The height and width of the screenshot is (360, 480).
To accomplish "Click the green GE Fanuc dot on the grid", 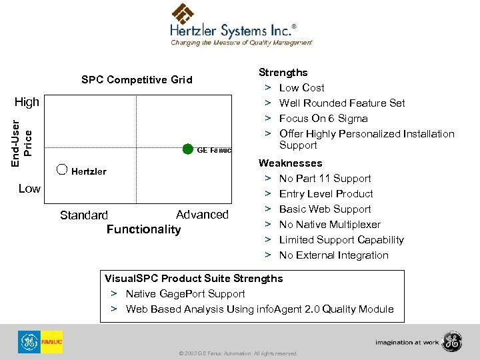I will tap(188, 148).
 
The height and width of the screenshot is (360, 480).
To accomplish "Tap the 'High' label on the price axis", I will tap(27, 103).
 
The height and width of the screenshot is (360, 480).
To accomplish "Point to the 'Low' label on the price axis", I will tap(29, 189).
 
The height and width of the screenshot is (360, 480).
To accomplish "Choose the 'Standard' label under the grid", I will tap(83, 215).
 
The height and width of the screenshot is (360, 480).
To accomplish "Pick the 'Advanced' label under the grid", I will tap(202, 214).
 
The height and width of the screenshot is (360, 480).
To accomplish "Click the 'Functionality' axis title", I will tap(143, 229).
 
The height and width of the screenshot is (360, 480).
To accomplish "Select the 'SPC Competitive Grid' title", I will tap(137, 80).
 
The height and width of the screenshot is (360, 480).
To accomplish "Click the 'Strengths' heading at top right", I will tap(283, 72).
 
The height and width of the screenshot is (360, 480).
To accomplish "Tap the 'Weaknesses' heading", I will tap(290, 163).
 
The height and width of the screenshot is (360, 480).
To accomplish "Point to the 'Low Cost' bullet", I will tap(301, 87).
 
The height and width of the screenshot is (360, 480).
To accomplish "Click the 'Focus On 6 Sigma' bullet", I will tap(323, 118).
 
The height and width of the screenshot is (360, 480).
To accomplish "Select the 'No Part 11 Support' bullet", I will tap(325, 178).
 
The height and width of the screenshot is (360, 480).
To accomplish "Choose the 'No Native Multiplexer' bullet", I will tap(330, 224).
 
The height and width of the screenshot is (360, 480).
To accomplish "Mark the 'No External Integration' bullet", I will tap(333, 255).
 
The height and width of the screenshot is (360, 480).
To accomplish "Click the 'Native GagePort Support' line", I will tap(185, 293).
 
